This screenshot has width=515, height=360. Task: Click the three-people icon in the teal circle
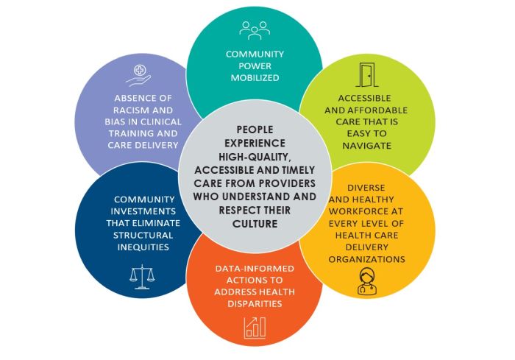point(255,29)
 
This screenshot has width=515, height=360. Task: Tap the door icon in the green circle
point(366,75)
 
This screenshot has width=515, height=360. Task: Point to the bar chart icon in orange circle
point(255,326)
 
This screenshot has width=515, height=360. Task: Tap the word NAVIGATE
point(366,146)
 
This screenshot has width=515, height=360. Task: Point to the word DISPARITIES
point(255,303)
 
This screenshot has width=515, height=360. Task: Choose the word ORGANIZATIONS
point(366,259)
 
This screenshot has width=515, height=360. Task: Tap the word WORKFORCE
point(378,212)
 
